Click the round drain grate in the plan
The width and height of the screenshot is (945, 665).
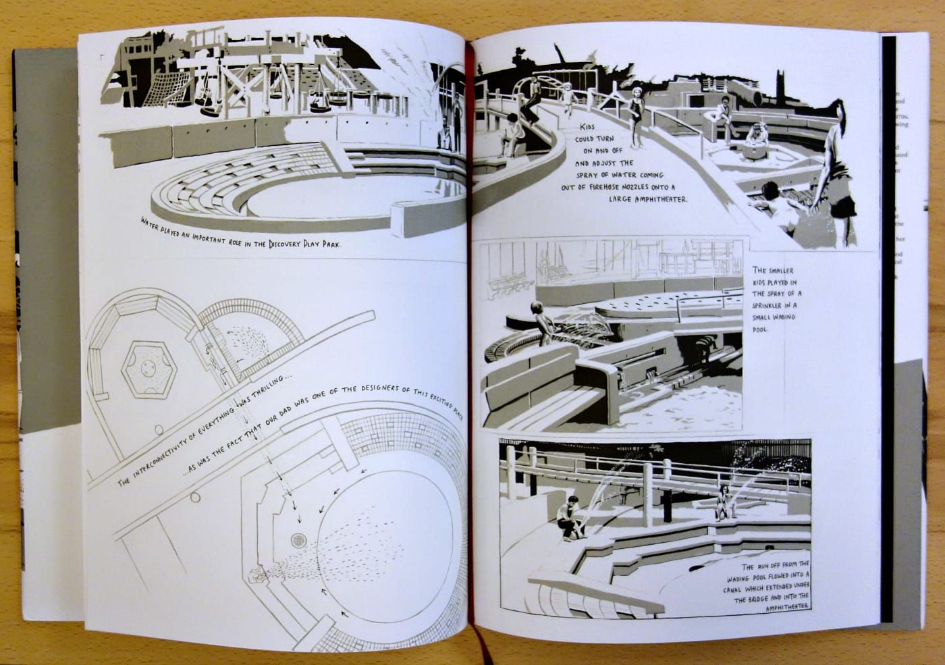(x=298, y=540)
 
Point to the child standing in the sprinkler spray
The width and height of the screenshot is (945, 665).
(x=539, y=323)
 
